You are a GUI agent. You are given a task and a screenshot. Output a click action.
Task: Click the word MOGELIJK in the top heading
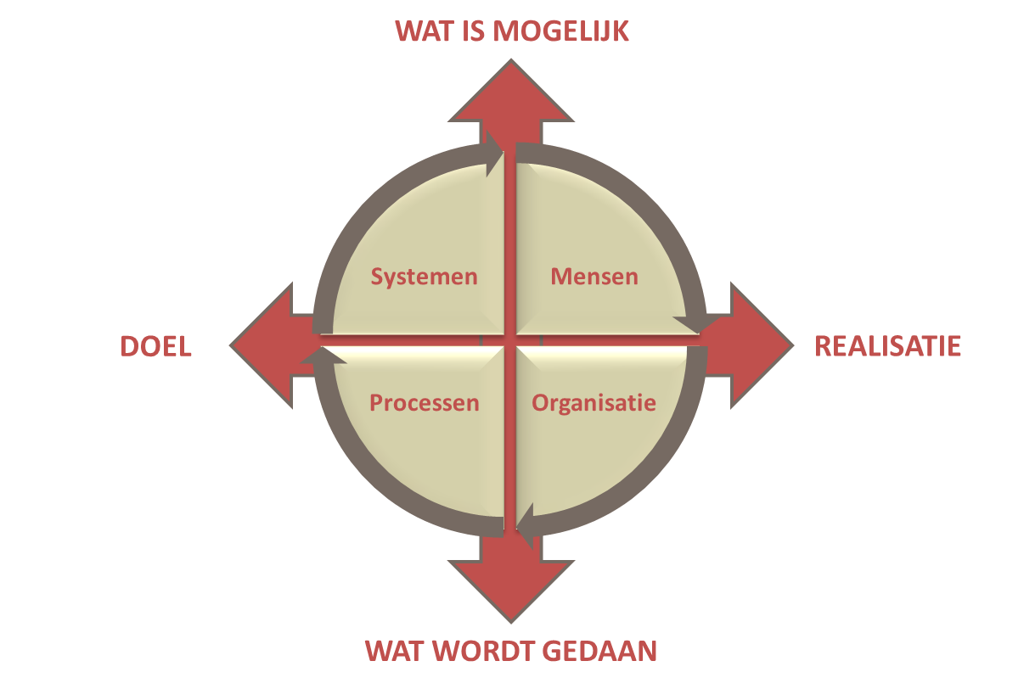560,31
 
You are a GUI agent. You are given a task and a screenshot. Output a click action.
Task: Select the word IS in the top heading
473,31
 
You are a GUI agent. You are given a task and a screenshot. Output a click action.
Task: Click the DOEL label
156,346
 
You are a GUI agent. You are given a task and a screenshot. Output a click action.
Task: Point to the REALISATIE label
887,346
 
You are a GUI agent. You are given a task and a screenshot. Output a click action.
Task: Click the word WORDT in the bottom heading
484,651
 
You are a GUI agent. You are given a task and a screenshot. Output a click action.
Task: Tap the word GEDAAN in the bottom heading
599,651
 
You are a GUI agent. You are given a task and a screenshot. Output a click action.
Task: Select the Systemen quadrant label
425,277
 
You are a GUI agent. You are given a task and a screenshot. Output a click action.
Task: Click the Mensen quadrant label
594,277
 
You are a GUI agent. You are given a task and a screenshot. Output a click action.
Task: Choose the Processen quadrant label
425,403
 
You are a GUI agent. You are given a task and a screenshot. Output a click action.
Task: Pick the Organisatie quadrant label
594,403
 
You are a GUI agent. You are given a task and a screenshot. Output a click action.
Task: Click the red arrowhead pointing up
511,91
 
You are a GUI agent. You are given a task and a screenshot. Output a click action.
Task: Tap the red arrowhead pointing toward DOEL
262,345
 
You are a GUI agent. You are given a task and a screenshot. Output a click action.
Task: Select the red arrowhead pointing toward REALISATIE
762,345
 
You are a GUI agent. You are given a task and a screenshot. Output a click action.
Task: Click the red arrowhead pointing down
511,591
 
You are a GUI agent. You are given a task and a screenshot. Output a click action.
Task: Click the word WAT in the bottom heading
395,651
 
